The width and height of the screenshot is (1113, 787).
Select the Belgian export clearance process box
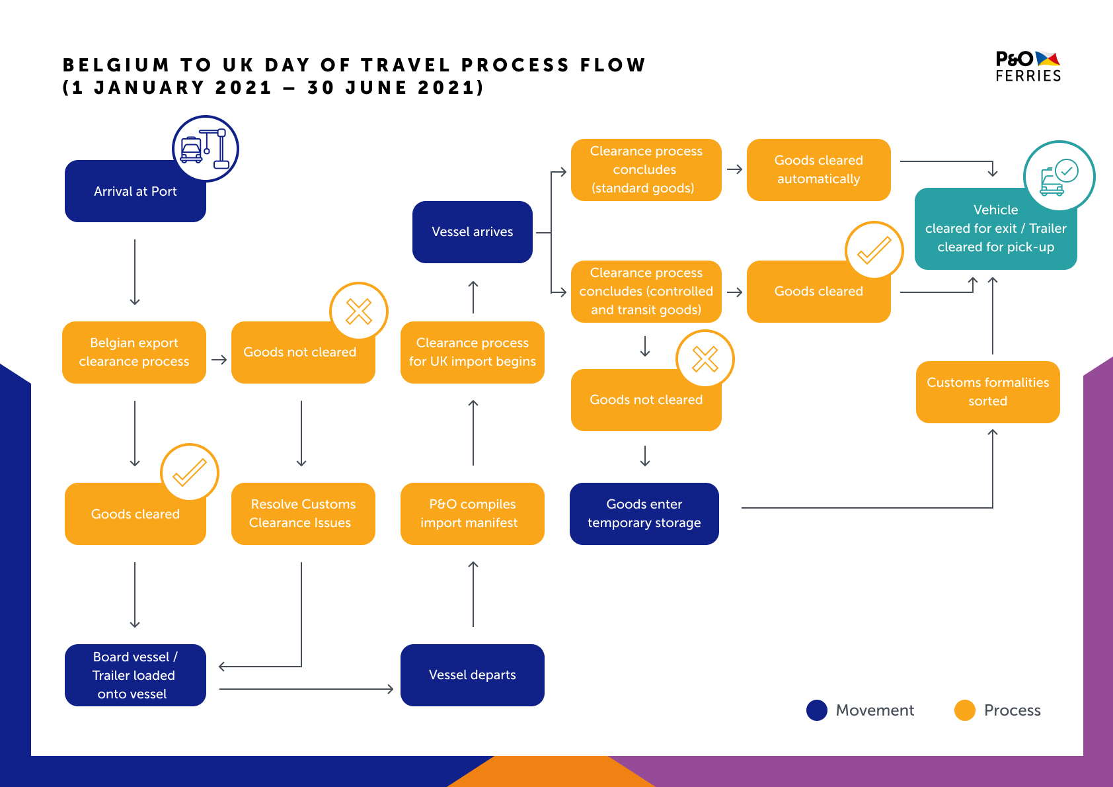click(134, 352)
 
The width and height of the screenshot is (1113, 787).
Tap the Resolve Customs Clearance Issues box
click(303, 514)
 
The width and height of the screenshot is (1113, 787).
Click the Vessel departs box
click(472, 675)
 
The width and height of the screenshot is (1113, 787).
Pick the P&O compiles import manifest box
click(472, 514)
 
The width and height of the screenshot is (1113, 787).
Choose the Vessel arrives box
click(472, 231)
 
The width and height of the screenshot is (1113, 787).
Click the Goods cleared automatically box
click(818, 169)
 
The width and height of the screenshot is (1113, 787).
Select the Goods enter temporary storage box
click(644, 514)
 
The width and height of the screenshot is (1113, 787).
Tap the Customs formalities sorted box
click(988, 392)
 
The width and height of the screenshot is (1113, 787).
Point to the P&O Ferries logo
click(1028, 66)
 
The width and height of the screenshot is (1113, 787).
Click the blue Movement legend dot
click(816, 710)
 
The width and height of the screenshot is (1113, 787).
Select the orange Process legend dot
click(964, 710)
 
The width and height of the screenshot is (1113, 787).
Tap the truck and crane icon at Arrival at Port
click(205, 149)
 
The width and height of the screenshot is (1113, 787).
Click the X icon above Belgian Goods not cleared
click(359, 311)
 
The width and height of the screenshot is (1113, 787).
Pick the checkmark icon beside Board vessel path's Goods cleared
click(189, 472)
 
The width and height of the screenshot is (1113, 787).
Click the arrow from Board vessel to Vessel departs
click(306, 689)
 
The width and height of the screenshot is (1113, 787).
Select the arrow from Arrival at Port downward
click(135, 272)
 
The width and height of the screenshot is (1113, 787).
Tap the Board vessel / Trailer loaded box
click(135, 675)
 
